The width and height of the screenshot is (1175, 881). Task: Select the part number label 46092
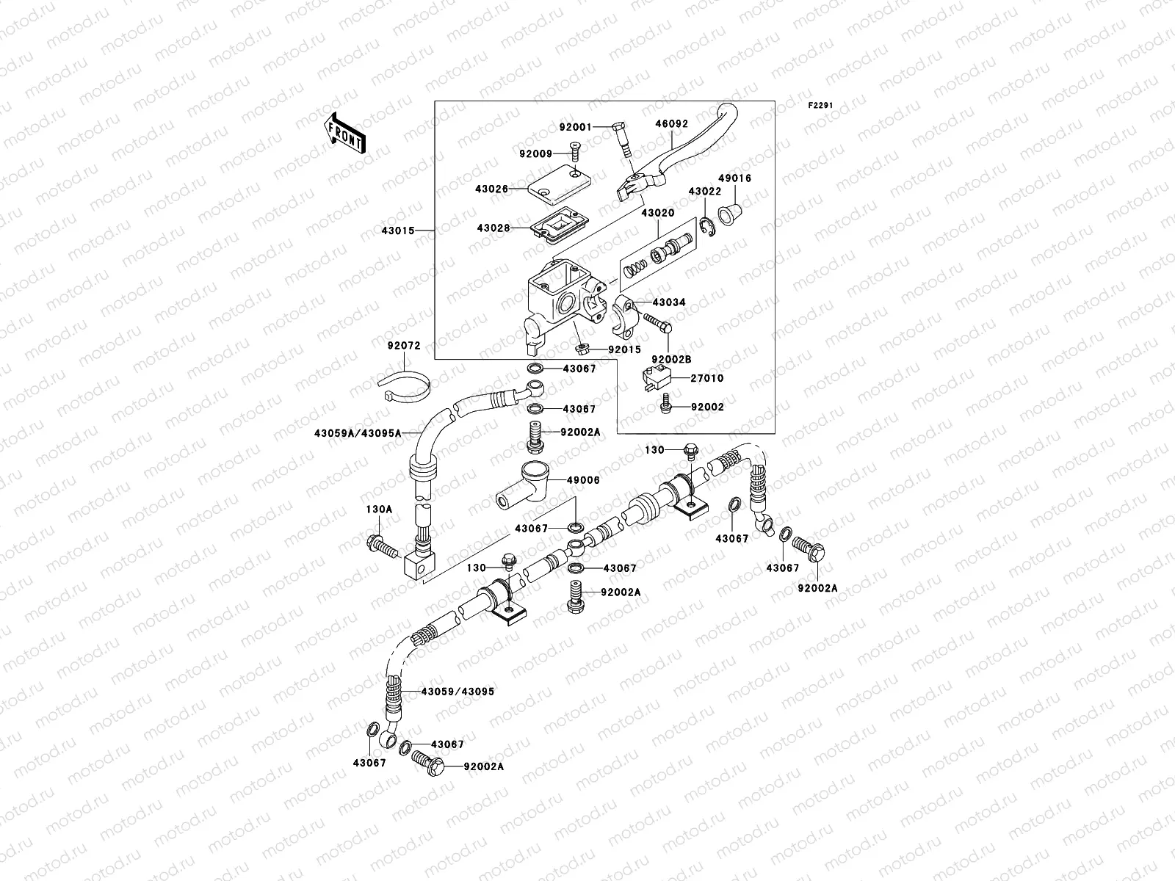(671, 124)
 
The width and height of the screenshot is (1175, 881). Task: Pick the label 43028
(492, 228)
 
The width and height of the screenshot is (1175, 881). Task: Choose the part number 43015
(397, 231)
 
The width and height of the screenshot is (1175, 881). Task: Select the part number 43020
(657, 213)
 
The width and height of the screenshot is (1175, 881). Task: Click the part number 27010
(706, 379)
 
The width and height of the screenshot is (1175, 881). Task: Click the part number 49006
(582, 480)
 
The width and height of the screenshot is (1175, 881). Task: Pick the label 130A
(379, 509)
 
